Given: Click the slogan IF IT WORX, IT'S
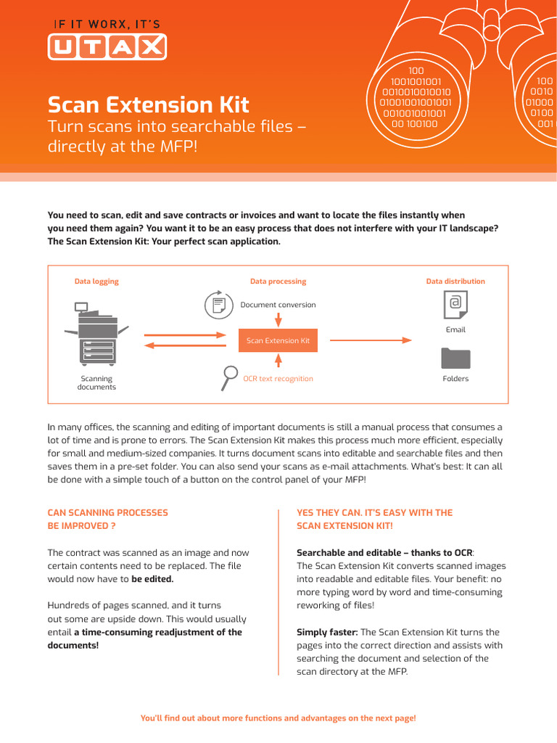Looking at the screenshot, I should coord(107,24).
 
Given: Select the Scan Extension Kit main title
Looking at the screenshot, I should coord(149,104).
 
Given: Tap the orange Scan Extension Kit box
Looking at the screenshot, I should coord(278,340).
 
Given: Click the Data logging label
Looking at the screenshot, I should coord(96,282).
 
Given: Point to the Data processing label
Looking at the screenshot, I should coord(278,282).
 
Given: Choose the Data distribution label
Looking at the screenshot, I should coord(455,282).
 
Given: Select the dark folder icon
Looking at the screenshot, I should coord(455,358).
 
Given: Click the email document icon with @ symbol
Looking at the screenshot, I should coord(455,305).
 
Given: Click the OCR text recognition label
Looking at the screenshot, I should coord(278,379).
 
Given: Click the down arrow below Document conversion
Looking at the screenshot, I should coord(278,320).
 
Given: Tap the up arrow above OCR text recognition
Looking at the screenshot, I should coord(278,361).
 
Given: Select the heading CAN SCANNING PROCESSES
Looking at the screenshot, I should coord(107,512).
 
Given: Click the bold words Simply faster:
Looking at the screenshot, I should coord(327,632).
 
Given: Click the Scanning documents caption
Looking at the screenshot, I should coord(96,383).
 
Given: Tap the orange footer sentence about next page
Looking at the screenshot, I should coord(278,718).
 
